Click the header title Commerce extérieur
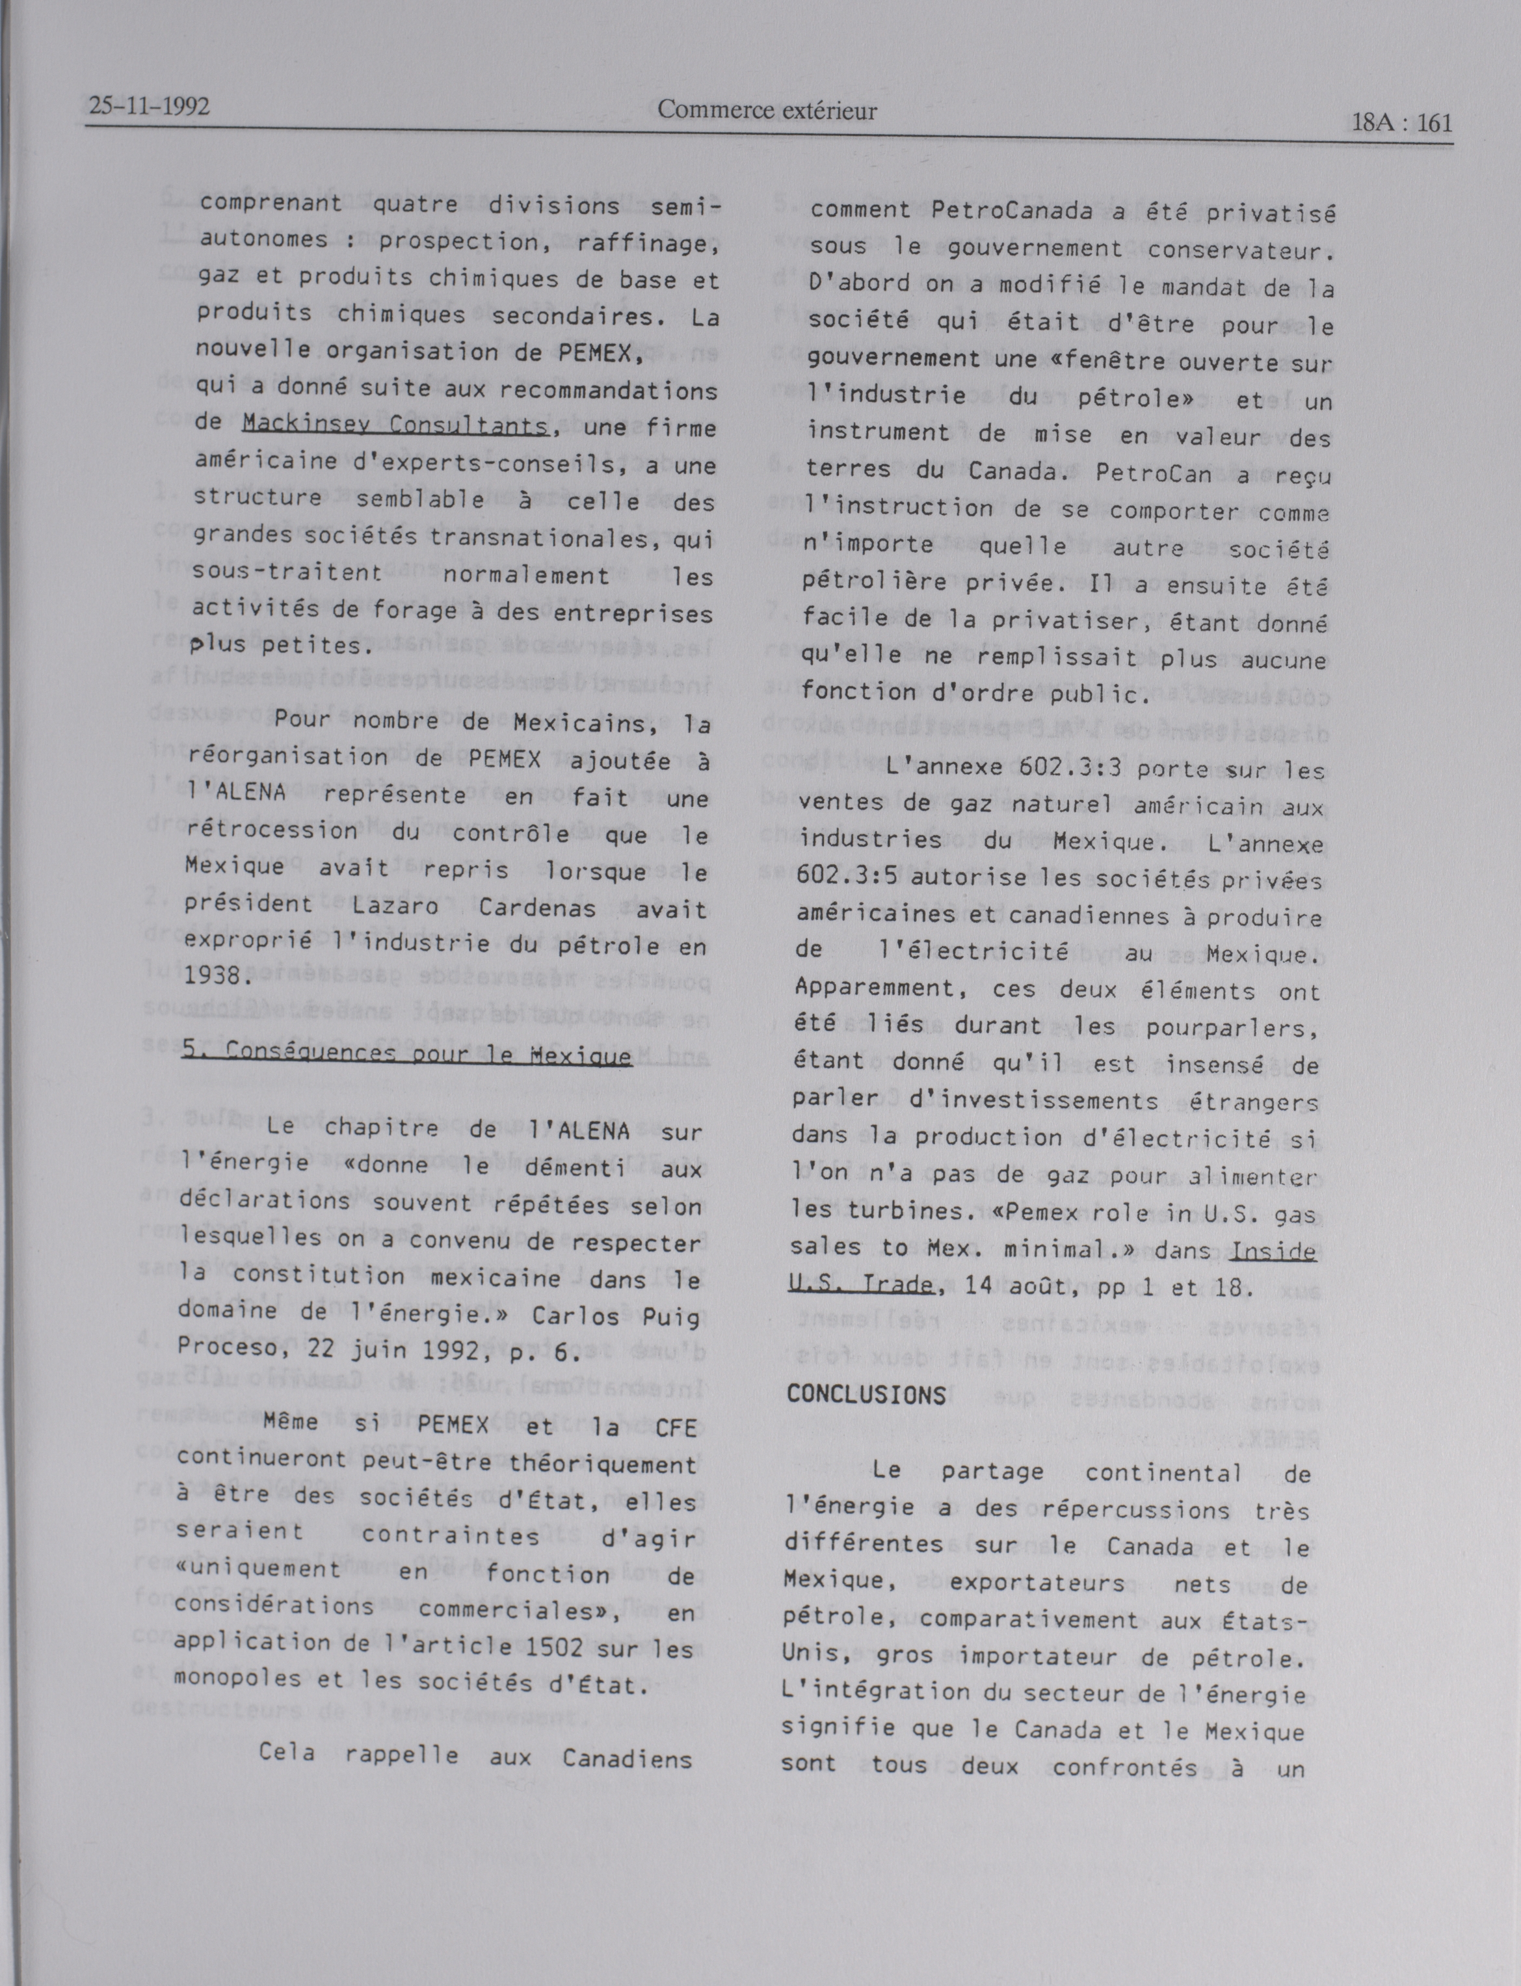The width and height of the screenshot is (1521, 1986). click(767, 111)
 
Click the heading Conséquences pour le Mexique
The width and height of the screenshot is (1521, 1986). click(406, 1053)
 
